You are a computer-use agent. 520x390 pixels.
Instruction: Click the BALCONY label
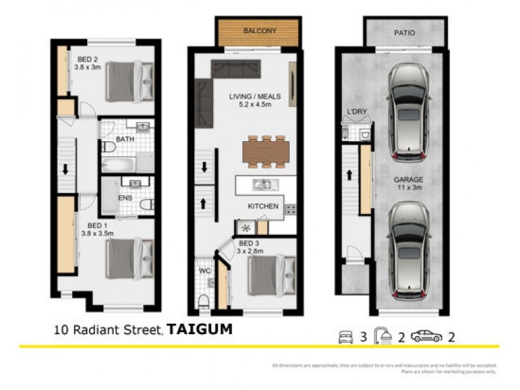[259, 31]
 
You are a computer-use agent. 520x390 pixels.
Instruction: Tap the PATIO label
[404, 32]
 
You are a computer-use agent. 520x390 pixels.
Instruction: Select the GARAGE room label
[408, 179]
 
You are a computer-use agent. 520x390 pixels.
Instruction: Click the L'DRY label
[357, 112]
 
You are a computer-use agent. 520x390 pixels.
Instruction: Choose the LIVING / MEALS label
[255, 97]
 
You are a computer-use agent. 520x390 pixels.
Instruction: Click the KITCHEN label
[263, 206]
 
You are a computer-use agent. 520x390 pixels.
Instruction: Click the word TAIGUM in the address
[200, 330]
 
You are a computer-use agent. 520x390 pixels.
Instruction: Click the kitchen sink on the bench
[264, 185]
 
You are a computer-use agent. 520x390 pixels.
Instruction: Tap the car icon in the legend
[426, 336]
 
